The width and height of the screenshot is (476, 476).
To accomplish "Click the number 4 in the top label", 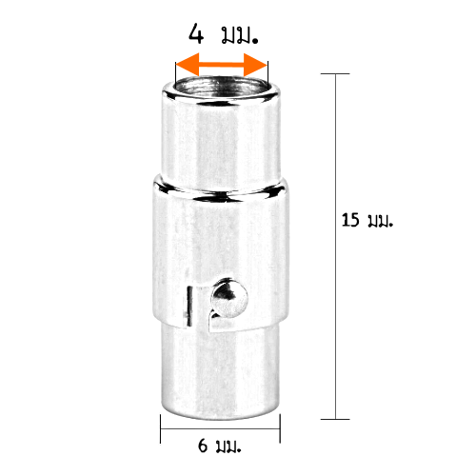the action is [x=196, y=34].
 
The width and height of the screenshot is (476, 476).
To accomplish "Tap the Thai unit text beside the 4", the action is [x=240, y=36].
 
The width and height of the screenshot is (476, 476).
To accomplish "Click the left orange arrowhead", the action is [x=188, y=65].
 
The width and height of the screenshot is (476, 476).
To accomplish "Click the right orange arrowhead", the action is [x=255, y=65].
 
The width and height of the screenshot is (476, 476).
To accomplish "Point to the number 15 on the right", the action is [x=350, y=220].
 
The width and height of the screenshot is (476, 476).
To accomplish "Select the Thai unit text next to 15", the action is [x=381, y=221].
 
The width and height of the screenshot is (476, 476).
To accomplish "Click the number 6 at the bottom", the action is [x=203, y=446].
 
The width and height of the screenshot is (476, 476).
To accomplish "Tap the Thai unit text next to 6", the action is [x=228, y=446].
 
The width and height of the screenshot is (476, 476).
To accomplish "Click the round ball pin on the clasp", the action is [x=229, y=298].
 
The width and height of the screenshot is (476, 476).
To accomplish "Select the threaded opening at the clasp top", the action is [x=222, y=87].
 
